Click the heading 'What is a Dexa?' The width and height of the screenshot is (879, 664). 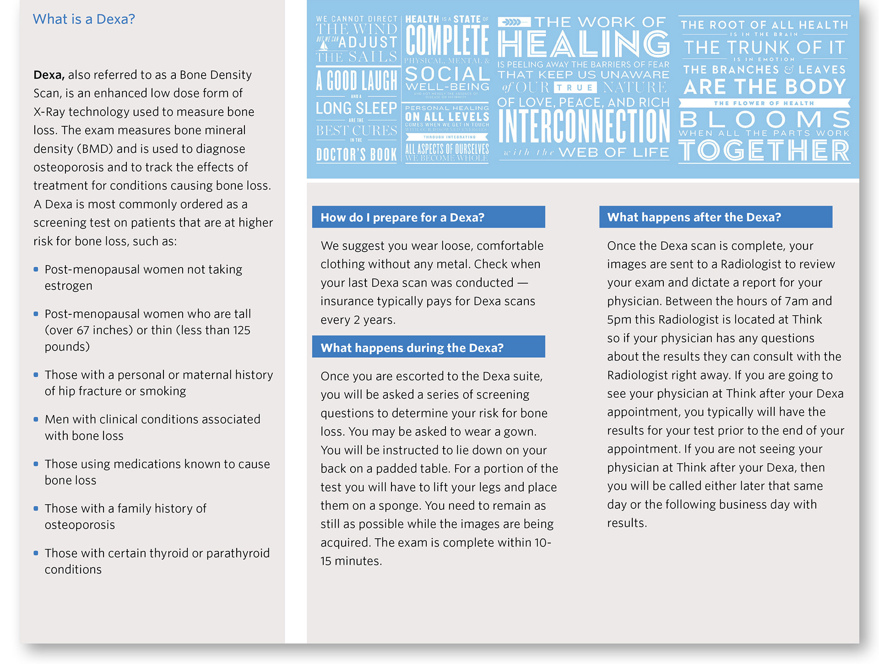point(84,19)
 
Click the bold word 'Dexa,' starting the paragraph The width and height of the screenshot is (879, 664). point(49,75)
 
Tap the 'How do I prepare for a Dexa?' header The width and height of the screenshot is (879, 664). point(402,217)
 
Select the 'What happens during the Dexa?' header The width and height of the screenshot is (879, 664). point(412,348)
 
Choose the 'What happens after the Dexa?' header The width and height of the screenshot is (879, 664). point(694,217)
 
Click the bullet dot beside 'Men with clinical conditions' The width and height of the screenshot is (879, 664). point(36,419)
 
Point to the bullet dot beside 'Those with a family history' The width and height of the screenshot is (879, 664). point(36,508)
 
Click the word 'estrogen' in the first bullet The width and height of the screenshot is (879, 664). point(68,286)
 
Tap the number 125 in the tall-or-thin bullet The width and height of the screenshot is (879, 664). point(240,330)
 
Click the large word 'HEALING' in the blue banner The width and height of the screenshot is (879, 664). point(583,44)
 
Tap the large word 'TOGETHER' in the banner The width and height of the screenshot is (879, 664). point(764,151)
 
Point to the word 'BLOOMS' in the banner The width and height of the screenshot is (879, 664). point(764,119)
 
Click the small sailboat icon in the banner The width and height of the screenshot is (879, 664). point(324,45)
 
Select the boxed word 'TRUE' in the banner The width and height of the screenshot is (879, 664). point(575,88)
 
